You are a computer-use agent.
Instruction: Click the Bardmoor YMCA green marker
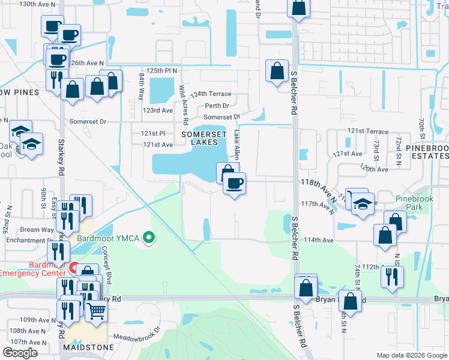tap(150, 238)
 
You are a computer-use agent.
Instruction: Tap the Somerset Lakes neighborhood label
tap(200, 137)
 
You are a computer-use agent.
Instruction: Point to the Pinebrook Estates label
tap(426, 151)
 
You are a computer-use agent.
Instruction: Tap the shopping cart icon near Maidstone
tap(96, 311)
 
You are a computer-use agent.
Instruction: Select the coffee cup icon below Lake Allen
tap(234, 182)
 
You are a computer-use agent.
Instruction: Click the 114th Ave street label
tap(319, 240)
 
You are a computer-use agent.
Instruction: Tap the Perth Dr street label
tap(216, 106)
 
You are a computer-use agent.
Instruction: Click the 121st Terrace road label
tap(367, 131)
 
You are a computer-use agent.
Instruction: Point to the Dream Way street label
tap(37, 230)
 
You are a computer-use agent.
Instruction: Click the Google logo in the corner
tap(20, 353)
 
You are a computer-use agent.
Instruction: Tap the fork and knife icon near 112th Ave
tap(392, 276)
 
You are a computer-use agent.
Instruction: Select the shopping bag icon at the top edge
tap(298, 8)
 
